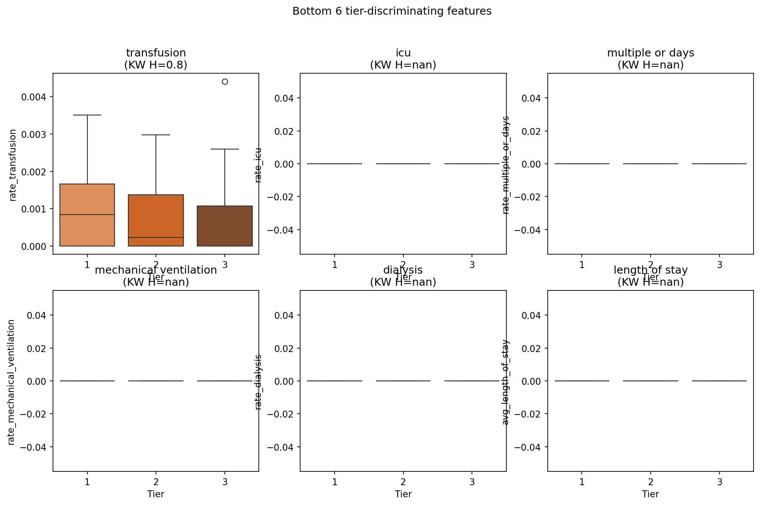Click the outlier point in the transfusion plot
225,82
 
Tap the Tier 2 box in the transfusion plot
156,220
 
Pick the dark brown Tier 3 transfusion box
225,226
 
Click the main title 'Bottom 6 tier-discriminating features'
392,11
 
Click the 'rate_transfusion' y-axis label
13,165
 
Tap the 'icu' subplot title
403,53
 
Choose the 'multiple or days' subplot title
650,53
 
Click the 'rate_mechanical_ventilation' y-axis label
12,382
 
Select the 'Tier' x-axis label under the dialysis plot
403,494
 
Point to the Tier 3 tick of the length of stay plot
719,482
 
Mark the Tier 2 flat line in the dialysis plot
403,381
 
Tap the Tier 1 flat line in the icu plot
335,164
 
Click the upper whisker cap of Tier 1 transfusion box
87,115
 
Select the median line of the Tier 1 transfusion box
87,215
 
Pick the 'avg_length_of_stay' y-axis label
506,382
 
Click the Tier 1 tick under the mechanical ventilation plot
87,482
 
